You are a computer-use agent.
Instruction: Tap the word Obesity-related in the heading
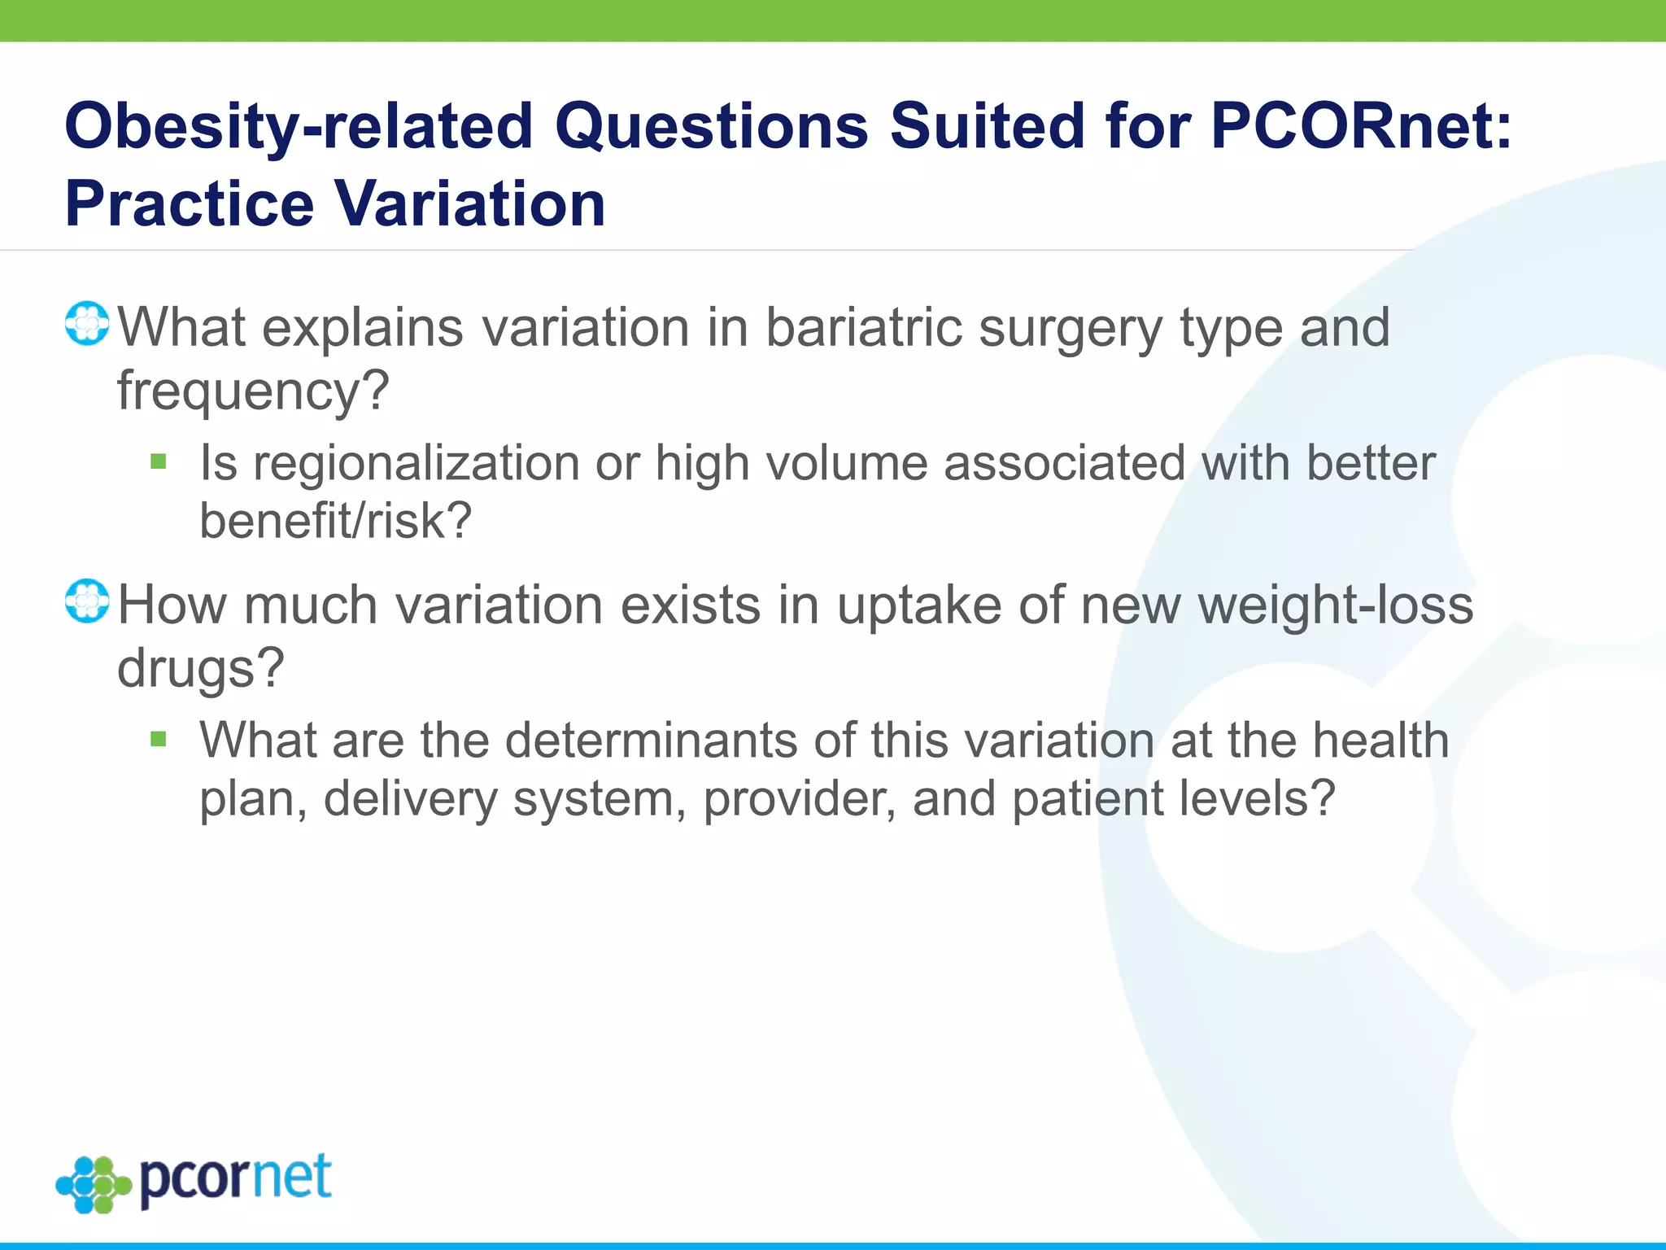pos(299,128)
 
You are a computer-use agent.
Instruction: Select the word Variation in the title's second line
pos(470,203)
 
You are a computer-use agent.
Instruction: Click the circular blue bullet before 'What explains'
pos(87,324)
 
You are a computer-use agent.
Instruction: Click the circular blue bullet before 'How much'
pos(87,601)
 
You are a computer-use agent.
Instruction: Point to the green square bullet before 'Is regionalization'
pos(159,462)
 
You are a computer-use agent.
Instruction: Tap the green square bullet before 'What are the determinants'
pos(159,739)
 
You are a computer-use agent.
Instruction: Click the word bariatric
pos(863,327)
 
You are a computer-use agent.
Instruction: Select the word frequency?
pos(253,391)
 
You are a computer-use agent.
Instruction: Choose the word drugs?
pos(201,669)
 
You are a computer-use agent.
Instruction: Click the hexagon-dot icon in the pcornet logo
pos(94,1185)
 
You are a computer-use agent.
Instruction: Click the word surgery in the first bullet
pos(1071,329)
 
